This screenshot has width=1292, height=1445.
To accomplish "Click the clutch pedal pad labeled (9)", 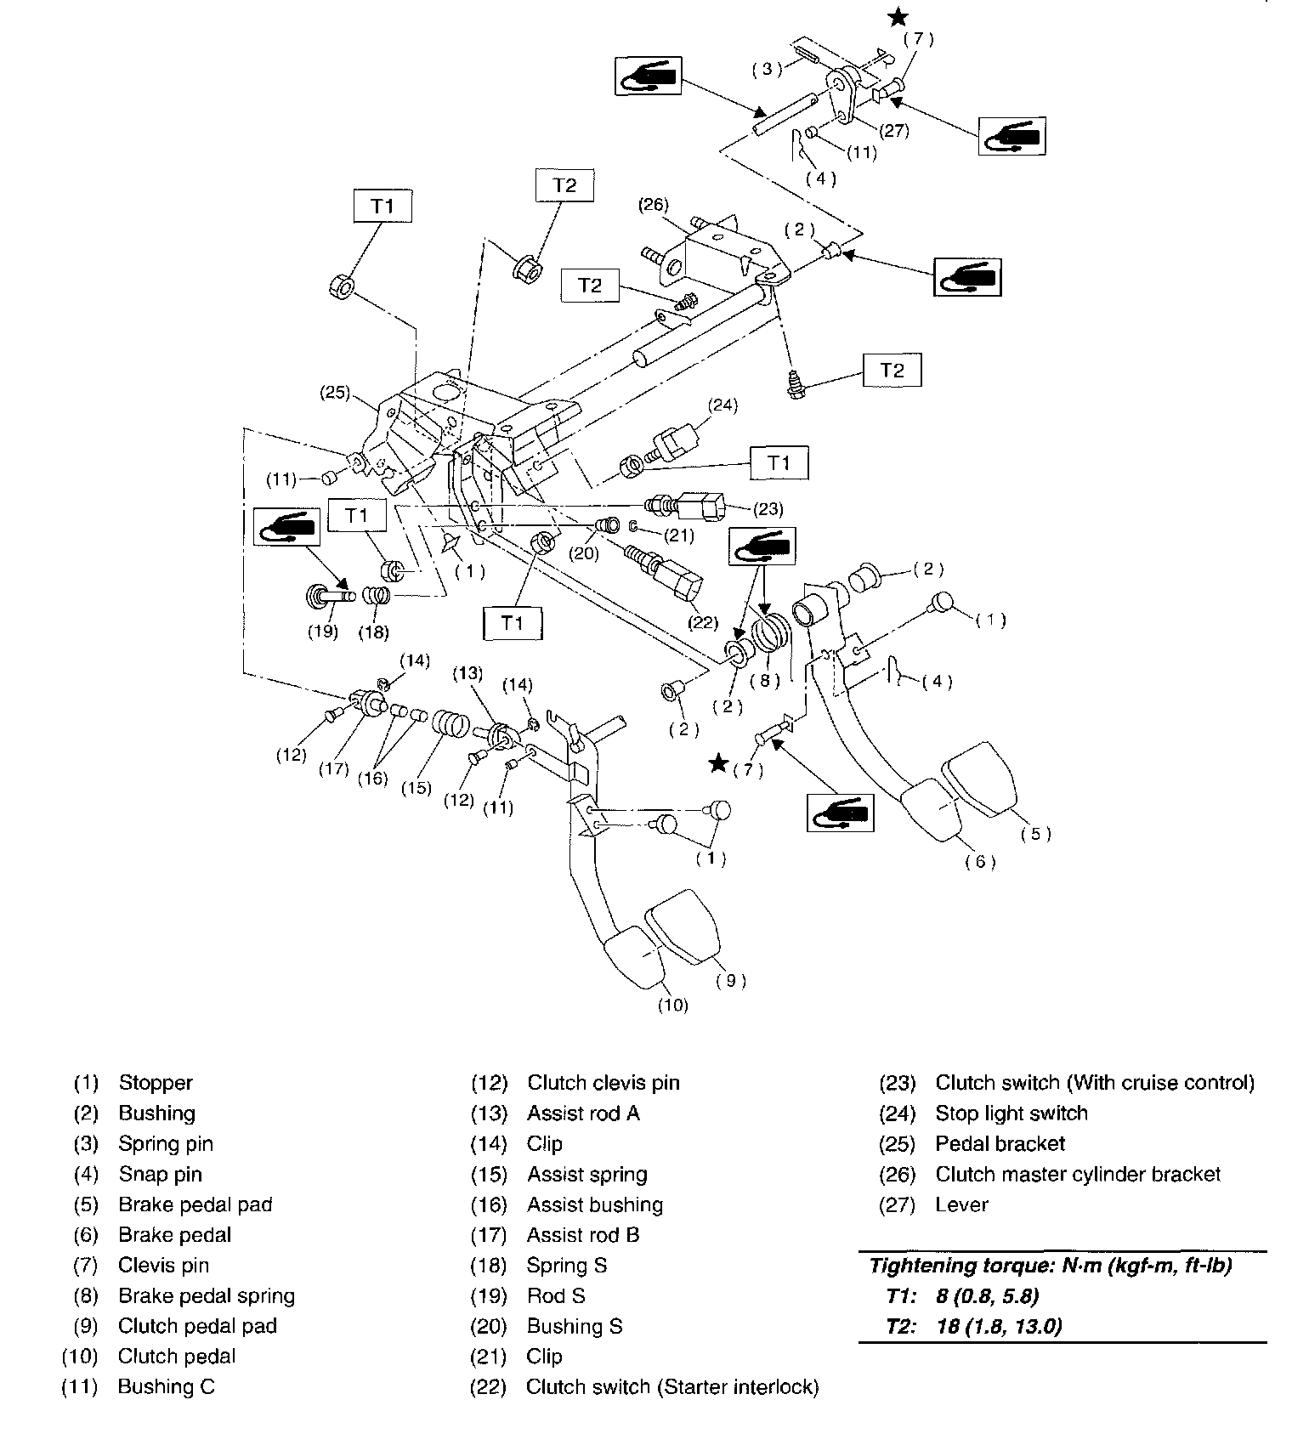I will pyautogui.click(x=683, y=926).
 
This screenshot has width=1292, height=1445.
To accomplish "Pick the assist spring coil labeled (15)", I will pyautogui.click(x=450, y=722).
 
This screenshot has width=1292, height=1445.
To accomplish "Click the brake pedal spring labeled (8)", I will pyautogui.click(x=773, y=633).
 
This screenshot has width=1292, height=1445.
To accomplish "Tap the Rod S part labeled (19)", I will pyautogui.click(x=327, y=596).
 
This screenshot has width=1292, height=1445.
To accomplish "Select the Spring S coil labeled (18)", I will pyautogui.click(x=377, y=596).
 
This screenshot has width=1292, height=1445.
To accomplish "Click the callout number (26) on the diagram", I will pyautogui.click(x=654, y=204).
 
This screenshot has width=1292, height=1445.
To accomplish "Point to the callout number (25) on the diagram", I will pyautogui.click(x=336, y=392).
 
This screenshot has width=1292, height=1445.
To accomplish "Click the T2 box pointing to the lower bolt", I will pyautogui.click(x=892, y=370).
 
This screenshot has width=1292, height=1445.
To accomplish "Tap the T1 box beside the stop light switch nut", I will pyautogui.click(x=779, y=463).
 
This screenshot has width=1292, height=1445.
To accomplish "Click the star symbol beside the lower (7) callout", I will pyautogui.click(x=719, y=764).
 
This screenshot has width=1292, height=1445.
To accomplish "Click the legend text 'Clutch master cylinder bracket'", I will pyautogui.click(x=1077, y=1174).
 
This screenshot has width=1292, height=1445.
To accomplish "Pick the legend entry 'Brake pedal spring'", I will pyautogui.click(x=207, y=1295).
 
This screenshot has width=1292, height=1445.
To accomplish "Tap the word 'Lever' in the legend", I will pyautogui.click(x=961, y=1204).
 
